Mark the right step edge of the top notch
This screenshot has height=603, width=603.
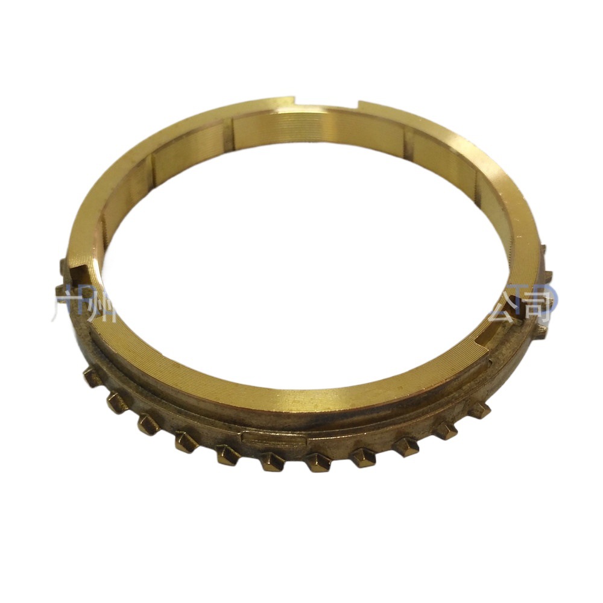coord(358,106)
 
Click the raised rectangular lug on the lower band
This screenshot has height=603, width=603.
coord(271,438)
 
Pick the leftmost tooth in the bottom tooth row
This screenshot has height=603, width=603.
coord(92,377)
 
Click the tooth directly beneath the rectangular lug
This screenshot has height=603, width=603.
coord(271,462)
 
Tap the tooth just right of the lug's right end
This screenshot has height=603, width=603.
coord(317,462)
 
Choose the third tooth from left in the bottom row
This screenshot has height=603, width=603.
coord(148,424)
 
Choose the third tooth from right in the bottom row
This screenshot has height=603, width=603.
coord(405,447)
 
